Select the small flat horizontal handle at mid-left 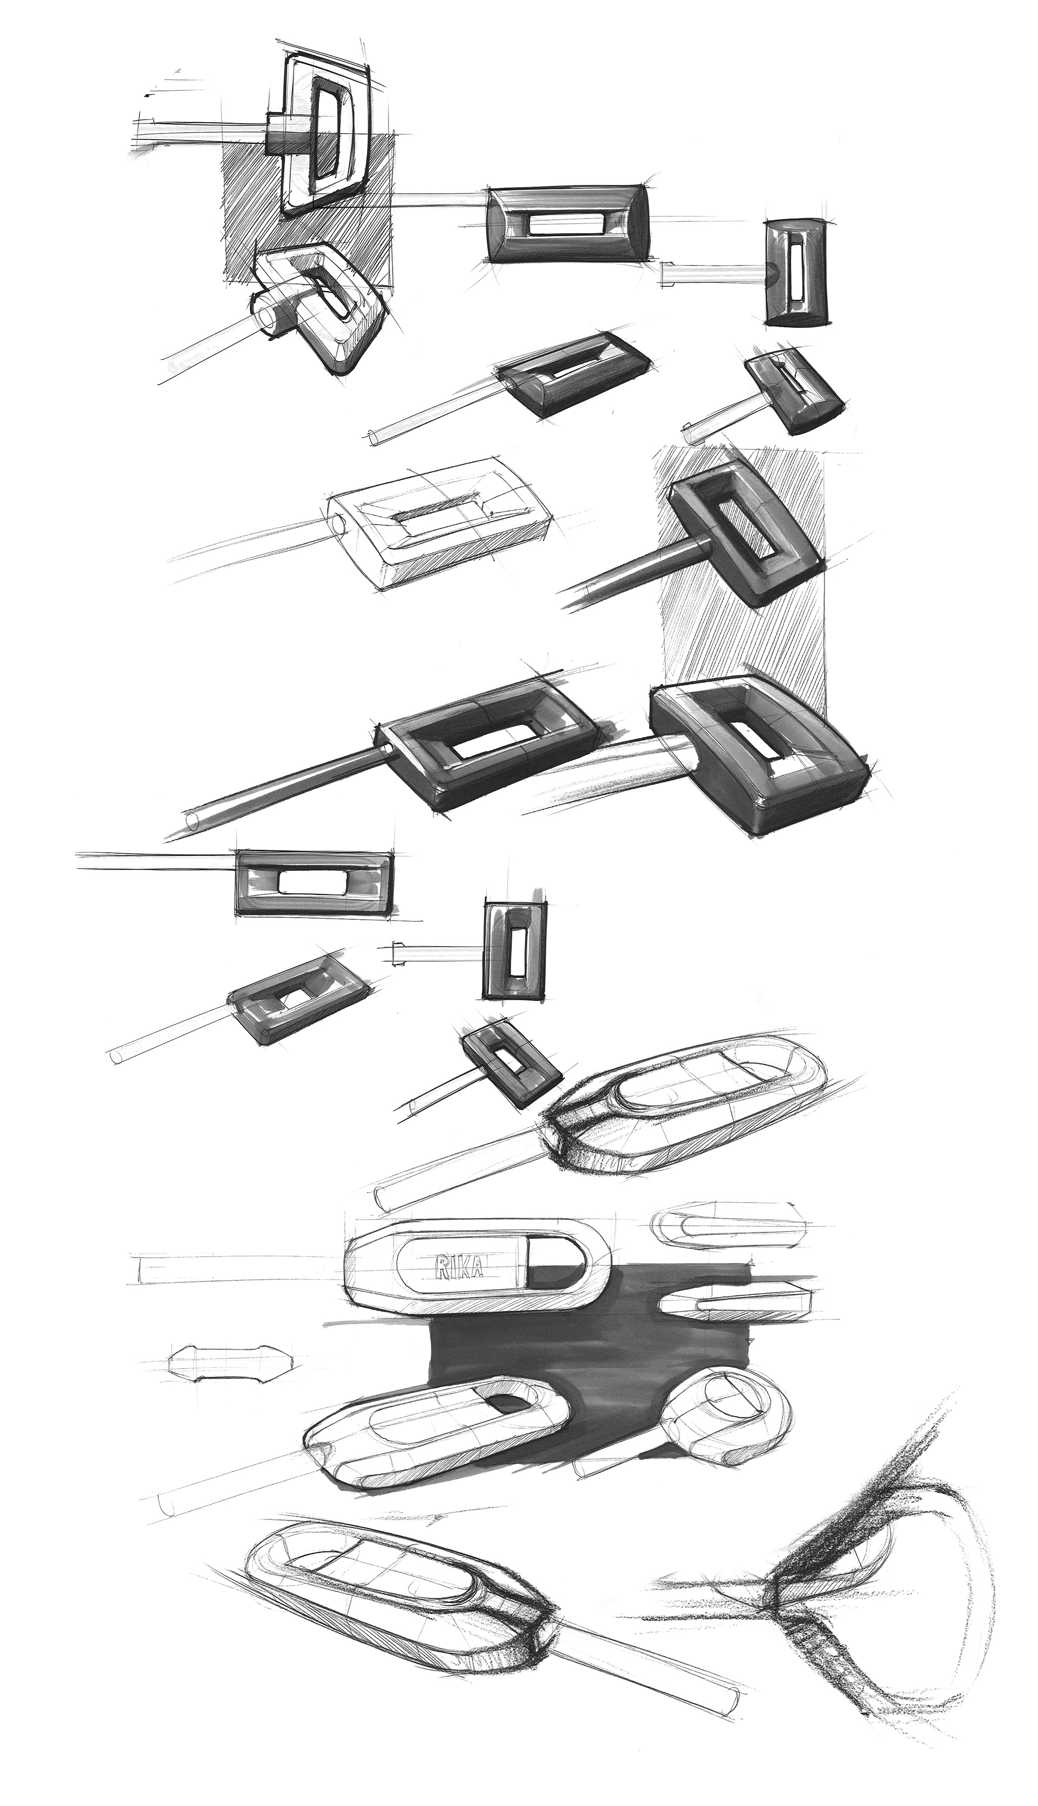314,882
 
